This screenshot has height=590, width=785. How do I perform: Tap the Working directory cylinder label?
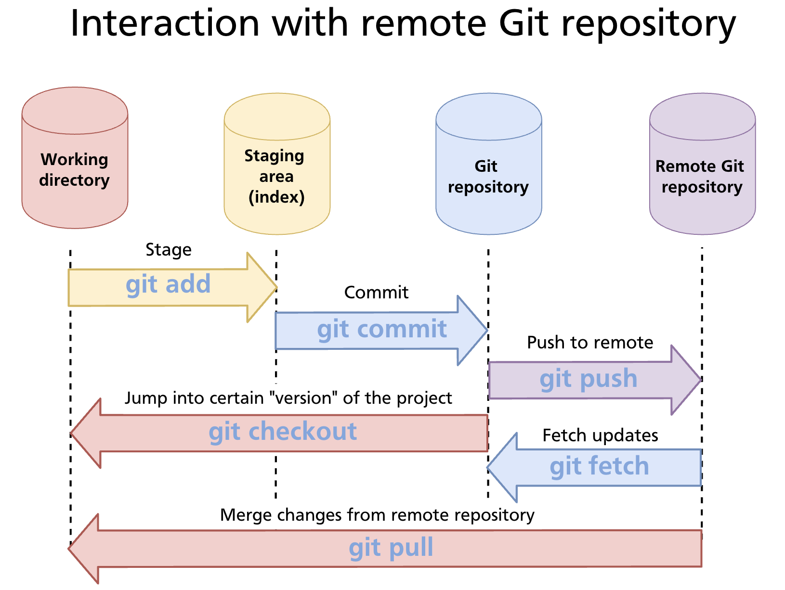tap(75, 170)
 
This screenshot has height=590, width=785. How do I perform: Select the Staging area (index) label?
tap(276, 177)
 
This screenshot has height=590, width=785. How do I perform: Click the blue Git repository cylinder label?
tap(488, 177)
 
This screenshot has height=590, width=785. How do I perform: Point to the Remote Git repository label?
tap(701, 177)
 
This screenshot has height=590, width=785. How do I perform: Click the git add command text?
tap(168, 284)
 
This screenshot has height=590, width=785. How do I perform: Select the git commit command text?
tap(381, 330)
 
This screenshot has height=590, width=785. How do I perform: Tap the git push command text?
tap(588, 379)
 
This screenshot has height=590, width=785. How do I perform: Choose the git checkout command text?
tap(283, 432)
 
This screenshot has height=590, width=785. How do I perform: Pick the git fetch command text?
tap(599, 467)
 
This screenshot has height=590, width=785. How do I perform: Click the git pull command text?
tap(391, 548)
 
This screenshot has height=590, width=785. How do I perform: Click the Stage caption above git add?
tap(169, 250)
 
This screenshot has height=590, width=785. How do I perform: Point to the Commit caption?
tap(376, 293)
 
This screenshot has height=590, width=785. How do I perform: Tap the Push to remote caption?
tap(590, 343)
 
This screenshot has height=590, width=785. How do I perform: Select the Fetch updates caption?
tap(600, 436)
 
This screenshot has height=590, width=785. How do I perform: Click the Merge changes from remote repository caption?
tap(377, 515)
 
